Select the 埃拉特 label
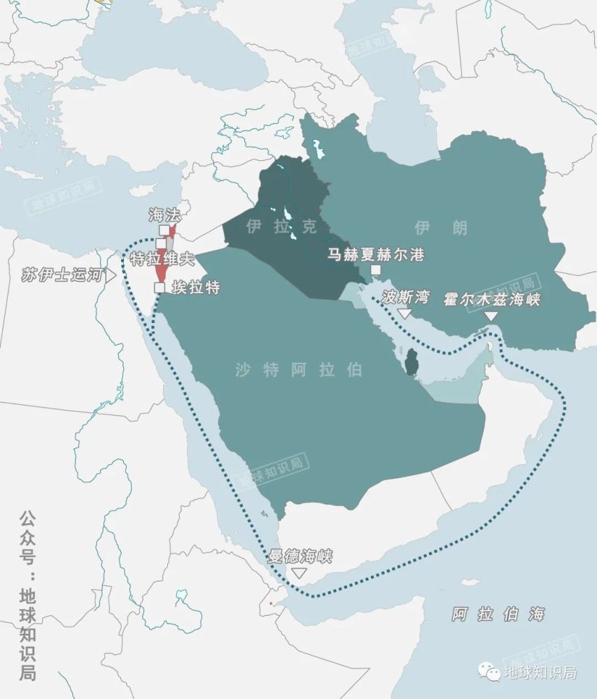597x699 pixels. click(x=195, y=287)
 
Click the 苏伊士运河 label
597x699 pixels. click(x=62, y=275)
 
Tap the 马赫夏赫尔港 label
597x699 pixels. click(x=376, y=254)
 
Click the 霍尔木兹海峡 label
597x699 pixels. click(x=491, y=300)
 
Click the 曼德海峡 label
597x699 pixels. click(x=300, y=557)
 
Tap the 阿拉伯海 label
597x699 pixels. click(x=498, y=615)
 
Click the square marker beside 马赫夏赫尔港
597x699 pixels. click(x=376, y=270)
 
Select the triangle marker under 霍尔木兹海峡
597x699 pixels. click(x=491, y=317)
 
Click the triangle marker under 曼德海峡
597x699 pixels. click(x=300, y=573)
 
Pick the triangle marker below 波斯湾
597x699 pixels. click(x=405, y=314)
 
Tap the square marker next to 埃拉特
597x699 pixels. click(x=160, y=287)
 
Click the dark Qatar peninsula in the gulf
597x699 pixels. click(x=410, y=362)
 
